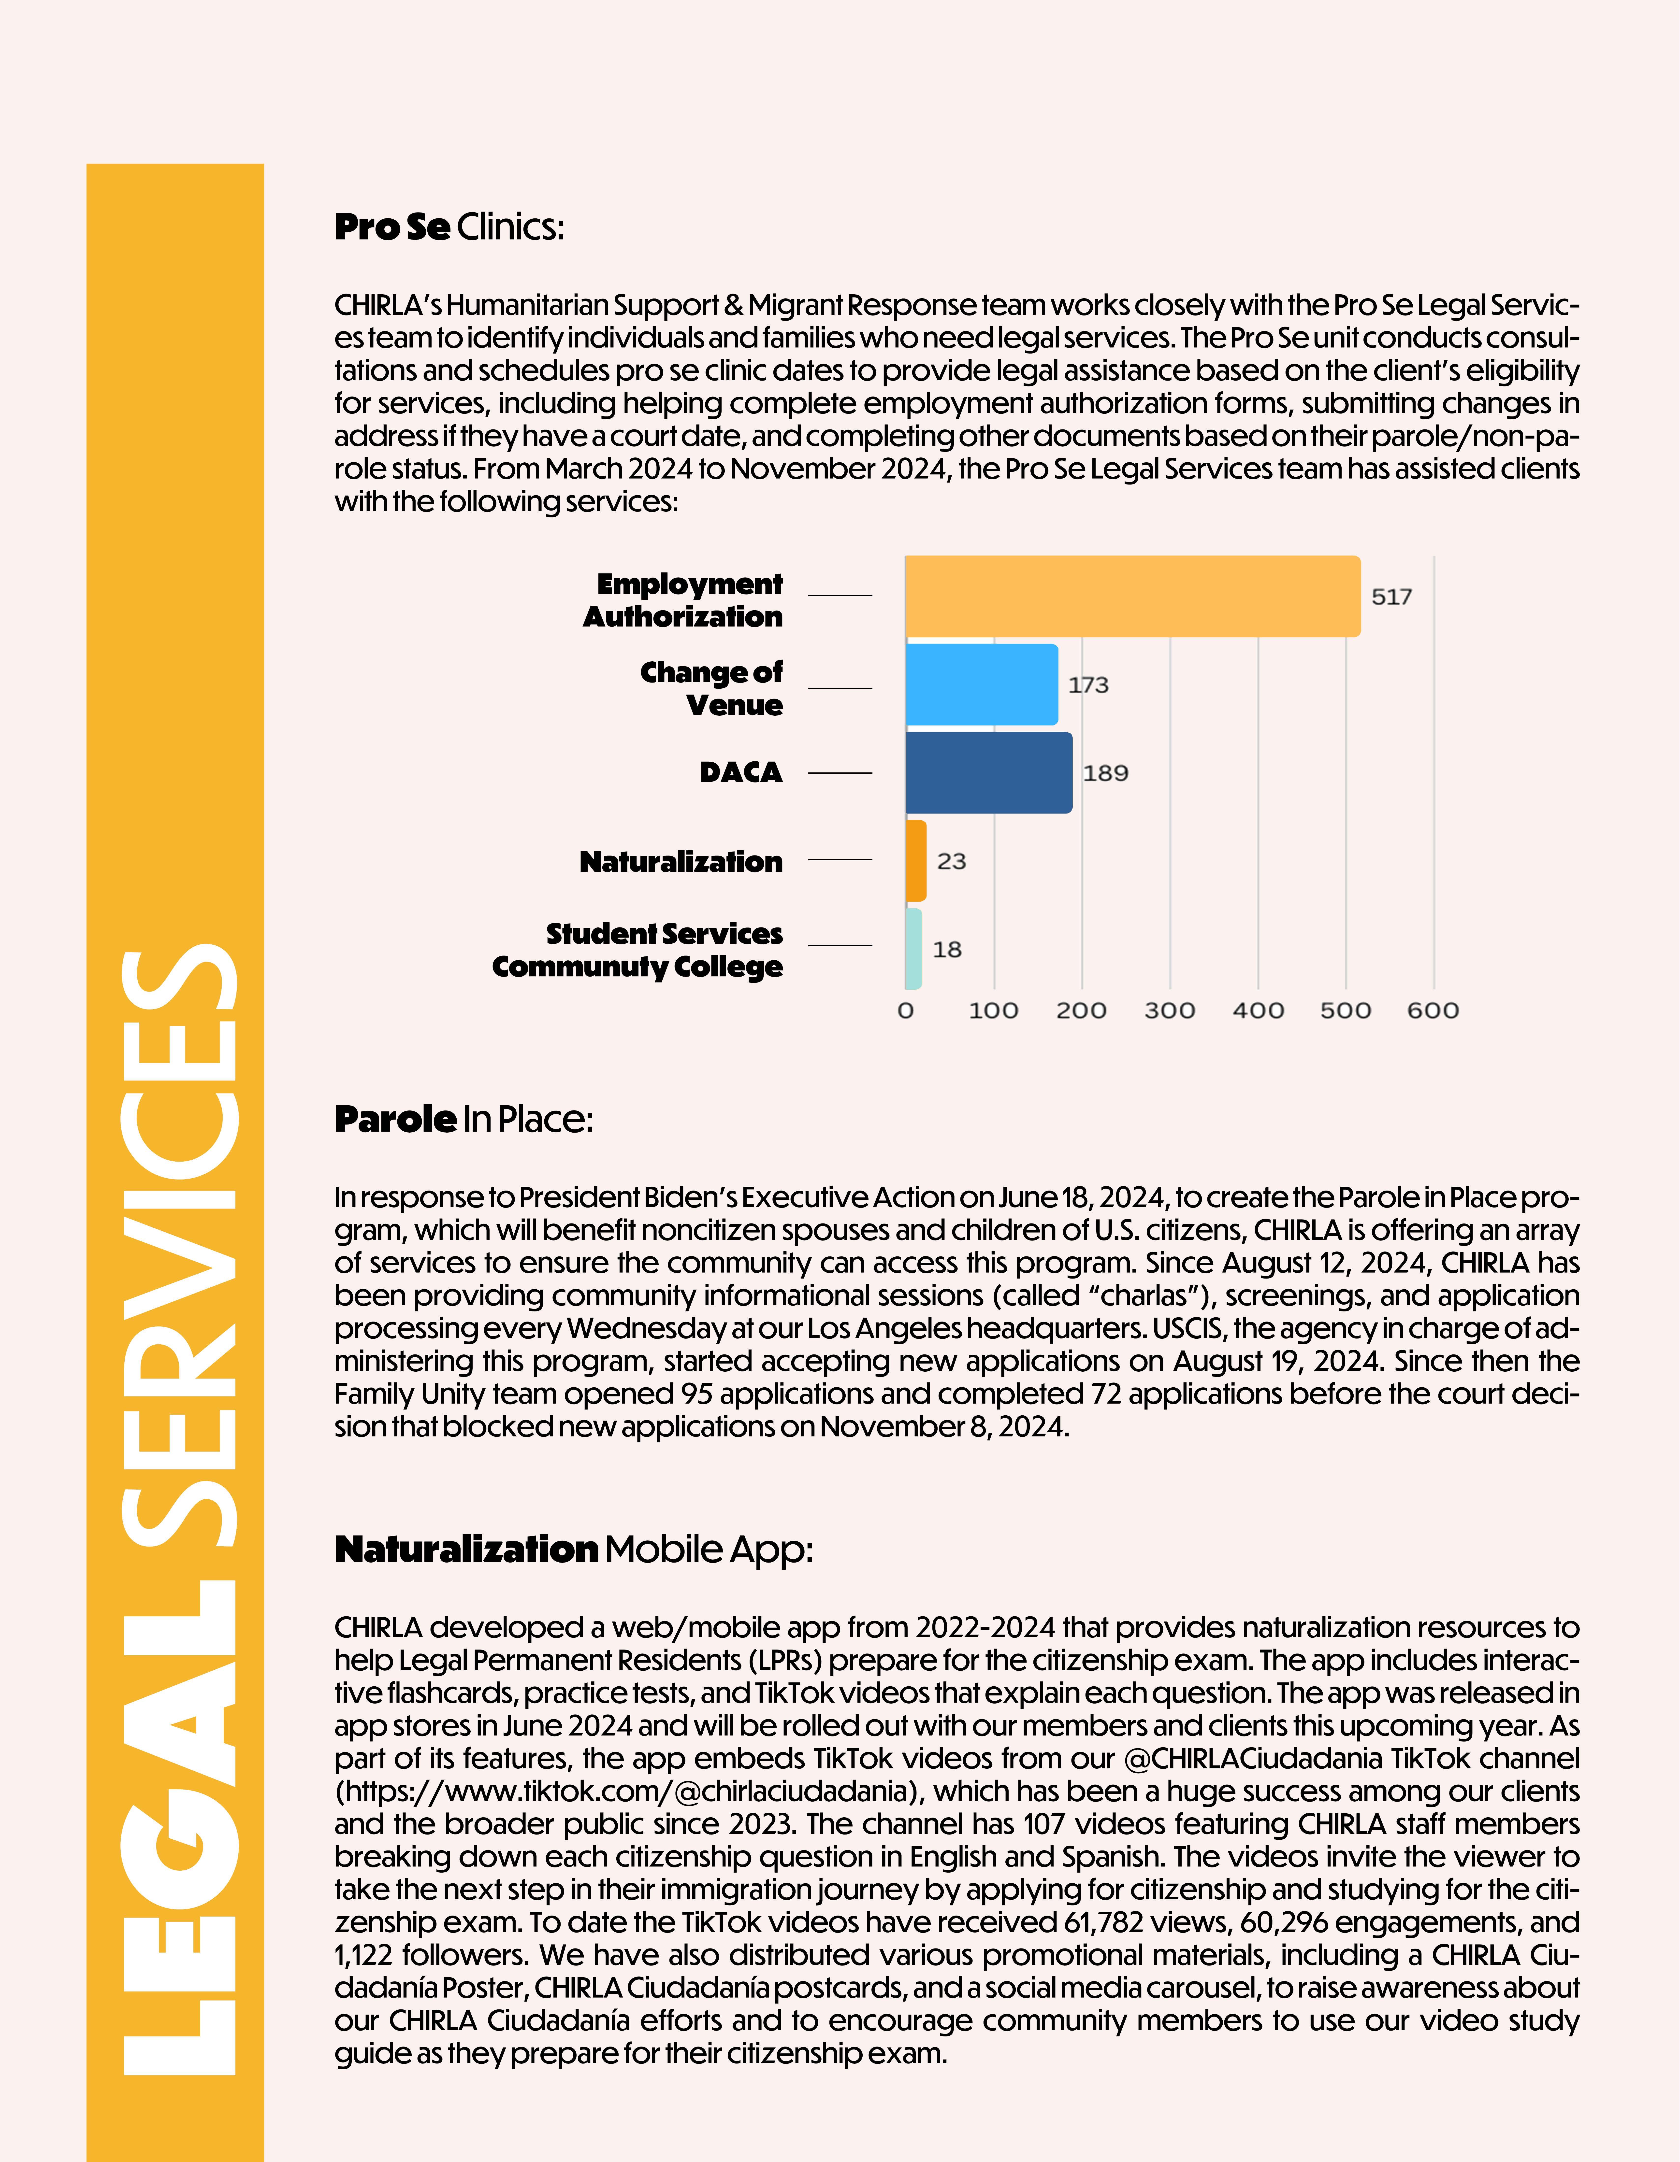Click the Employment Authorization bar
coord(1132,596)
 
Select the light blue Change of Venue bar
coord(981,684)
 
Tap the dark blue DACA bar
coord(988,772)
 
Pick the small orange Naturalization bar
coord(916,860)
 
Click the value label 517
coord(1391,597)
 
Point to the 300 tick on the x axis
coord(1169,1011)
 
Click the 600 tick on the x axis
coord(1433,1011)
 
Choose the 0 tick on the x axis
coord(905,1011)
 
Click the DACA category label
coord(740,772)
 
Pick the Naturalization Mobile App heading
coord(573,1548)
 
